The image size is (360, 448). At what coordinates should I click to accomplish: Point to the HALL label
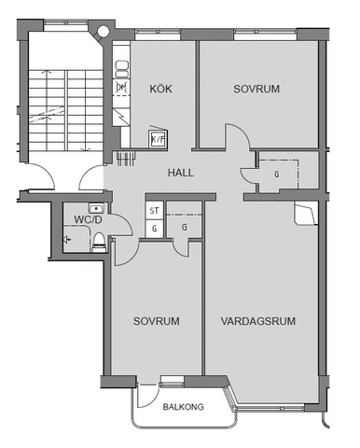[181, 173]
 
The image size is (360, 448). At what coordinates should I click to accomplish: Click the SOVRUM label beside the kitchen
[256, 90]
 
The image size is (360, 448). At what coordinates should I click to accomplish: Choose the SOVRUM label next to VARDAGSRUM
[156, 320]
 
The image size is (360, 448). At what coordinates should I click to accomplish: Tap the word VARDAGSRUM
[258, 320]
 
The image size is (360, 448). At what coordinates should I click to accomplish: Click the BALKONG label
[183, 407]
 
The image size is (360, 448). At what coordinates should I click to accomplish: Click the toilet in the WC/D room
[97, 240]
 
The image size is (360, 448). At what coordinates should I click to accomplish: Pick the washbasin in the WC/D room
[93, 207]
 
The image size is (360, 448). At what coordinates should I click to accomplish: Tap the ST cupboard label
[154, 212]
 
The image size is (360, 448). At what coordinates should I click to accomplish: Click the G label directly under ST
[154, 227]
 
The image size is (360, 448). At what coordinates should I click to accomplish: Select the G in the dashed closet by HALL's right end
[276, 174]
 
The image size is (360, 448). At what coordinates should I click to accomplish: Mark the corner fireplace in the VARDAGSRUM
[304, 214]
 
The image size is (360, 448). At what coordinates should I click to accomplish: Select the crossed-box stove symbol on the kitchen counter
[120, 88]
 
